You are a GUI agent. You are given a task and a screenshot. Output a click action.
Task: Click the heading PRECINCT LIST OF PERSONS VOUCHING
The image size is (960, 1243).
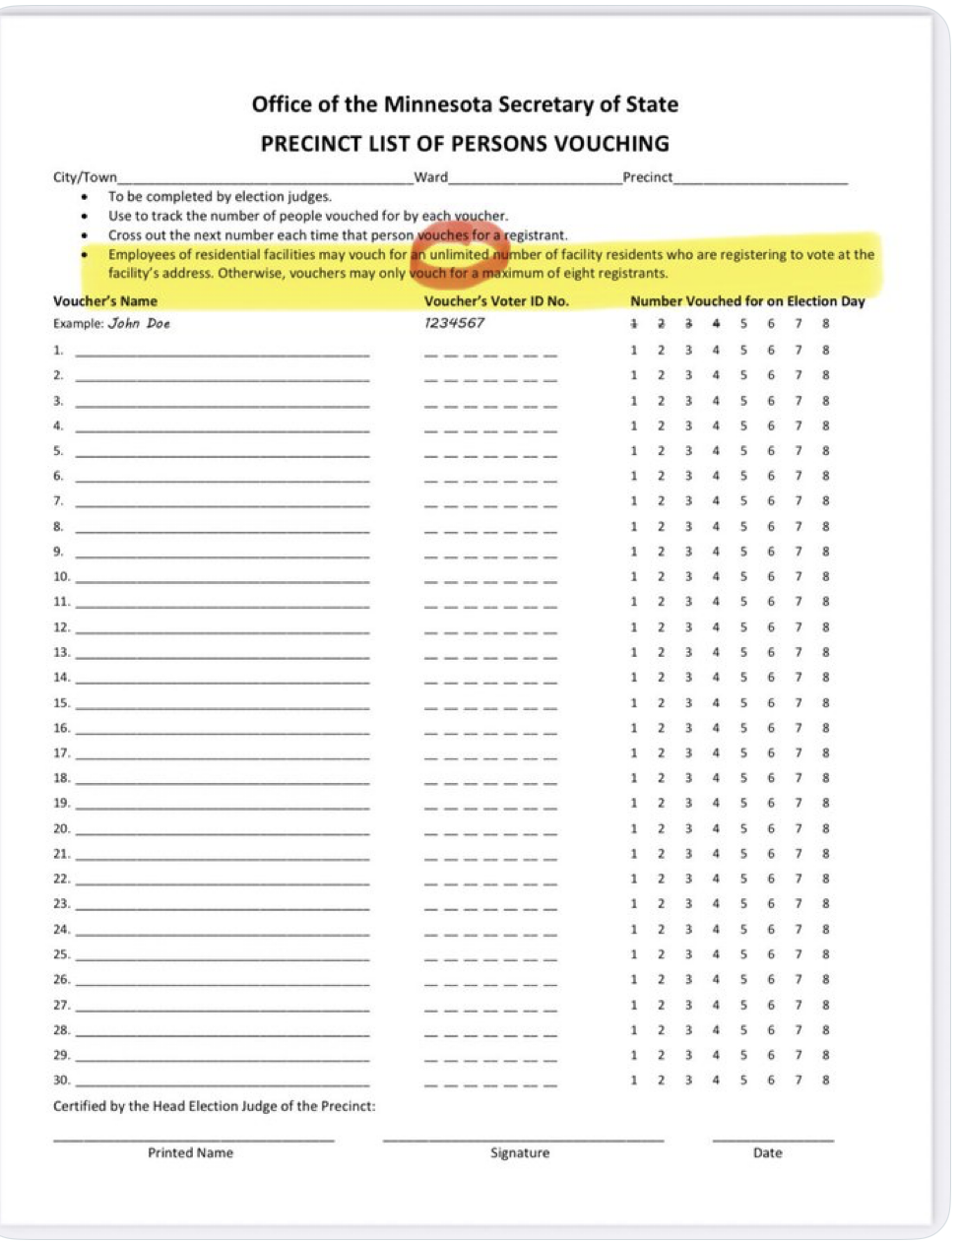click(465, 144)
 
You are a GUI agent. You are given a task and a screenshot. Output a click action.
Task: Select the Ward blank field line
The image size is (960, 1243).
click(534, 180)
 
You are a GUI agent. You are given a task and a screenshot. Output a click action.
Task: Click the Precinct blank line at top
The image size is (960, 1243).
click(760, 180)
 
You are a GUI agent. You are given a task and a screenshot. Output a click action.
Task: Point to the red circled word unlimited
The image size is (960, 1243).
click(460, 254)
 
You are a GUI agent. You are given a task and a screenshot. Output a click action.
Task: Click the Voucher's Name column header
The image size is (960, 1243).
click(105, 301)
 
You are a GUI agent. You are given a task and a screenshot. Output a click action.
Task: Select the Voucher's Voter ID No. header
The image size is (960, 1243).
click(496, 301)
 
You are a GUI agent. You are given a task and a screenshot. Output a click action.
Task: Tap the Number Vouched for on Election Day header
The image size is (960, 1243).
click(747, 301)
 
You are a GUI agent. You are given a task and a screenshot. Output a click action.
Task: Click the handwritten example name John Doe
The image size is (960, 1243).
click(139, 323)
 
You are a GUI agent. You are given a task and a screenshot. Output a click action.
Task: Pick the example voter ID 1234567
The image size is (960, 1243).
click(454, 323)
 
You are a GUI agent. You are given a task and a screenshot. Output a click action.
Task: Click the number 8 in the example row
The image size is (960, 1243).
click(825, 323)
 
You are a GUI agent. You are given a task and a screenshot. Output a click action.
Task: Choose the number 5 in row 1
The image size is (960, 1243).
click(743, 350)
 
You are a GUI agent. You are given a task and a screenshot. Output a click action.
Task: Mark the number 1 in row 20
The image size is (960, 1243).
click(633, 828)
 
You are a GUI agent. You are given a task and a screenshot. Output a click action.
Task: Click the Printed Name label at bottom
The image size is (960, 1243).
click(190, 1152)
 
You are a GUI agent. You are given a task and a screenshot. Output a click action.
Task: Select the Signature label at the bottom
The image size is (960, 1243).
click(520, 1152)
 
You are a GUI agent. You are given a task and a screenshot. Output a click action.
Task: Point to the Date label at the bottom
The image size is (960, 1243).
click(767, 1152)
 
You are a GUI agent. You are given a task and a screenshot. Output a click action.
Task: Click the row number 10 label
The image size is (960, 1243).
click(61, 576)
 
